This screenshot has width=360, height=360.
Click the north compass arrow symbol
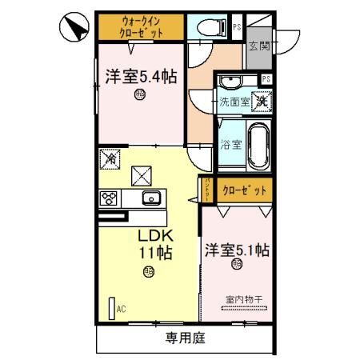point(74,30)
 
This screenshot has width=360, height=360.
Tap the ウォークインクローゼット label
point(142,26)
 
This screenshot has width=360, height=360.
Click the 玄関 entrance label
point(258,46)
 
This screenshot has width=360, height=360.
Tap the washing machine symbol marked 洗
point(262,102)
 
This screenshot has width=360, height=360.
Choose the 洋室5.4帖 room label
point(141,76)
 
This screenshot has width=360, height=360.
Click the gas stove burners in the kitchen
point(109,198)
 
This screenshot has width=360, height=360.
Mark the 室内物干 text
point(243,299)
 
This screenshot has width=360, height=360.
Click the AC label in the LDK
point(122,308)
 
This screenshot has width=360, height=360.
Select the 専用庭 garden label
point(186,338)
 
